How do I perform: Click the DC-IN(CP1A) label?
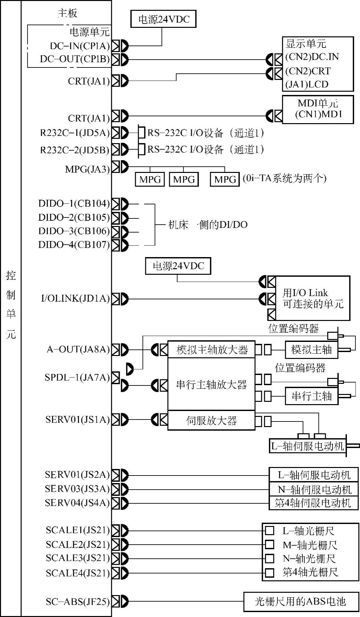coord(80,46)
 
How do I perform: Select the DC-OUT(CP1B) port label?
coord(75,59)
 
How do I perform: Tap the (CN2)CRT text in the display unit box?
coord(308,71)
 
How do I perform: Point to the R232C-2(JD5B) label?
coord(75,150)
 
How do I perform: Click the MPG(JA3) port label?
coord(87,169)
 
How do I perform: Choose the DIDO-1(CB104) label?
coord(74,204)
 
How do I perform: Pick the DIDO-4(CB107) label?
coord(74,245)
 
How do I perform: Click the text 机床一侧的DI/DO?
coord(207,225)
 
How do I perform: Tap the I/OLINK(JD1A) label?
coord(75,298)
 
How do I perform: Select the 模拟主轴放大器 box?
coord(211,350)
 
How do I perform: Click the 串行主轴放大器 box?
coord(211,384)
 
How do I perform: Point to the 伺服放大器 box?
coord(211,421)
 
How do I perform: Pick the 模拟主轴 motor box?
coord(311,350)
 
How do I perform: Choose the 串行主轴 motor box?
coord(311,396)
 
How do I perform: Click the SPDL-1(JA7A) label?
coord(77,378)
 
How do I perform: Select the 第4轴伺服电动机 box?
coord(313,503)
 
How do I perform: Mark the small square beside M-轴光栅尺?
coord(269,544)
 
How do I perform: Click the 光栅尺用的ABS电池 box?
coord(300,601)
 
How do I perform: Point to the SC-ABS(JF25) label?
coord(78,601)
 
